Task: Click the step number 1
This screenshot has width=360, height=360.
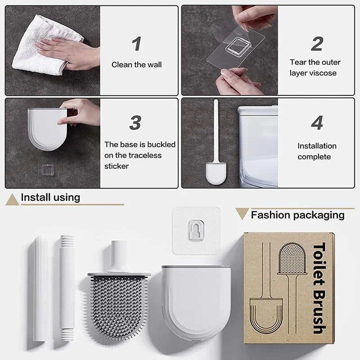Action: (136, 44)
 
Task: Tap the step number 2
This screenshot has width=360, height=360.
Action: (317, 44)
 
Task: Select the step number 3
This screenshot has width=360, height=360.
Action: (135, 122)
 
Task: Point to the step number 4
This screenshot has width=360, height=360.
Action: (317, 122)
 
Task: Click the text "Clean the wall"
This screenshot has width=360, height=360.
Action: (136, 65)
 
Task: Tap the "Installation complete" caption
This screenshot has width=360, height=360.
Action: (317, 151)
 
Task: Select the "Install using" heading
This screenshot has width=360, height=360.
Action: (50, 197)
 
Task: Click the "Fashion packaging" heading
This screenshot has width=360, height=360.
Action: (297, 215)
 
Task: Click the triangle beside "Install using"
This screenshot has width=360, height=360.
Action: (12, 199)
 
